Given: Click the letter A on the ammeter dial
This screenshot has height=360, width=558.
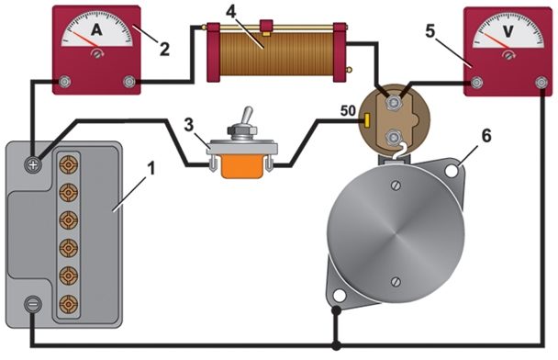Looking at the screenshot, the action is [96, 29].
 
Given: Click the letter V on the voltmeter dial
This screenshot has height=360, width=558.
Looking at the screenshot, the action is [508, 31].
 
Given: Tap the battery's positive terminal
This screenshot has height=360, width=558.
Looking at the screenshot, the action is [33, 164].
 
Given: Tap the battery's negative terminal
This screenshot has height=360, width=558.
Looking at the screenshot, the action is [33, 305].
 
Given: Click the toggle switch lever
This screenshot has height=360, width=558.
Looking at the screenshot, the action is [247, 117].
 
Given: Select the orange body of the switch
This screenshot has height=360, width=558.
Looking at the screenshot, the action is [242, 166].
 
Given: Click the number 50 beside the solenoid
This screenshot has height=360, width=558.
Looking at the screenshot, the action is [348, 111].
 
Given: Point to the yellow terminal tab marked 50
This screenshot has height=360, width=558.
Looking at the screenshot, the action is [366, 120].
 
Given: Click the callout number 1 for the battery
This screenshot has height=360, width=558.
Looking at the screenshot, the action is [152, 168].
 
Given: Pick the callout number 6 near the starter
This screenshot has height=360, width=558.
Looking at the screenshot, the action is [486, 136].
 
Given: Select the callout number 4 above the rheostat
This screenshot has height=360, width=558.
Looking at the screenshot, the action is [231, 12].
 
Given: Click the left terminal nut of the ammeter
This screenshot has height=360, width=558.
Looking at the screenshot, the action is [64, 82].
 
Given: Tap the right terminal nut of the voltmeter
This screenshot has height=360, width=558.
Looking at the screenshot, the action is [541, 83].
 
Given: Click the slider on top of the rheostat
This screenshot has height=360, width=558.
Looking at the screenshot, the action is [266, 28].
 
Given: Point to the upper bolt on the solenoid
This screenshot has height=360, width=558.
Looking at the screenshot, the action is [394, 103].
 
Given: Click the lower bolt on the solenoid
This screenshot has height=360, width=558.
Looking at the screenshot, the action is [394, 137].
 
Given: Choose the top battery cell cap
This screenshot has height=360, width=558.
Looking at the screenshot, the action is [68, 164].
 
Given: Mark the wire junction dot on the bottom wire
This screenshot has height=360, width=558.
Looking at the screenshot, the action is [336, 345].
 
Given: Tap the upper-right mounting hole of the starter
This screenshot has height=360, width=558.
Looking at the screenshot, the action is [452, 171].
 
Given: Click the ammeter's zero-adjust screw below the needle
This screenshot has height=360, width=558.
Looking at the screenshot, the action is [96, 54].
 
